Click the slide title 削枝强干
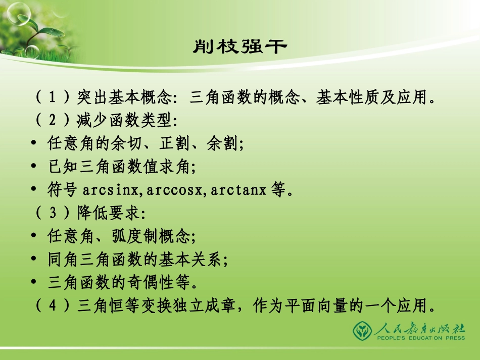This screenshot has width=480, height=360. [x=239, y=47]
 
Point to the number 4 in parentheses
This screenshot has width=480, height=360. [x=52, y=306]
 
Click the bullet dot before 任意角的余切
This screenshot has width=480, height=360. [x=33, y=144]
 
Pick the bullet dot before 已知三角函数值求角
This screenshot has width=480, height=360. [x=33, y=167]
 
